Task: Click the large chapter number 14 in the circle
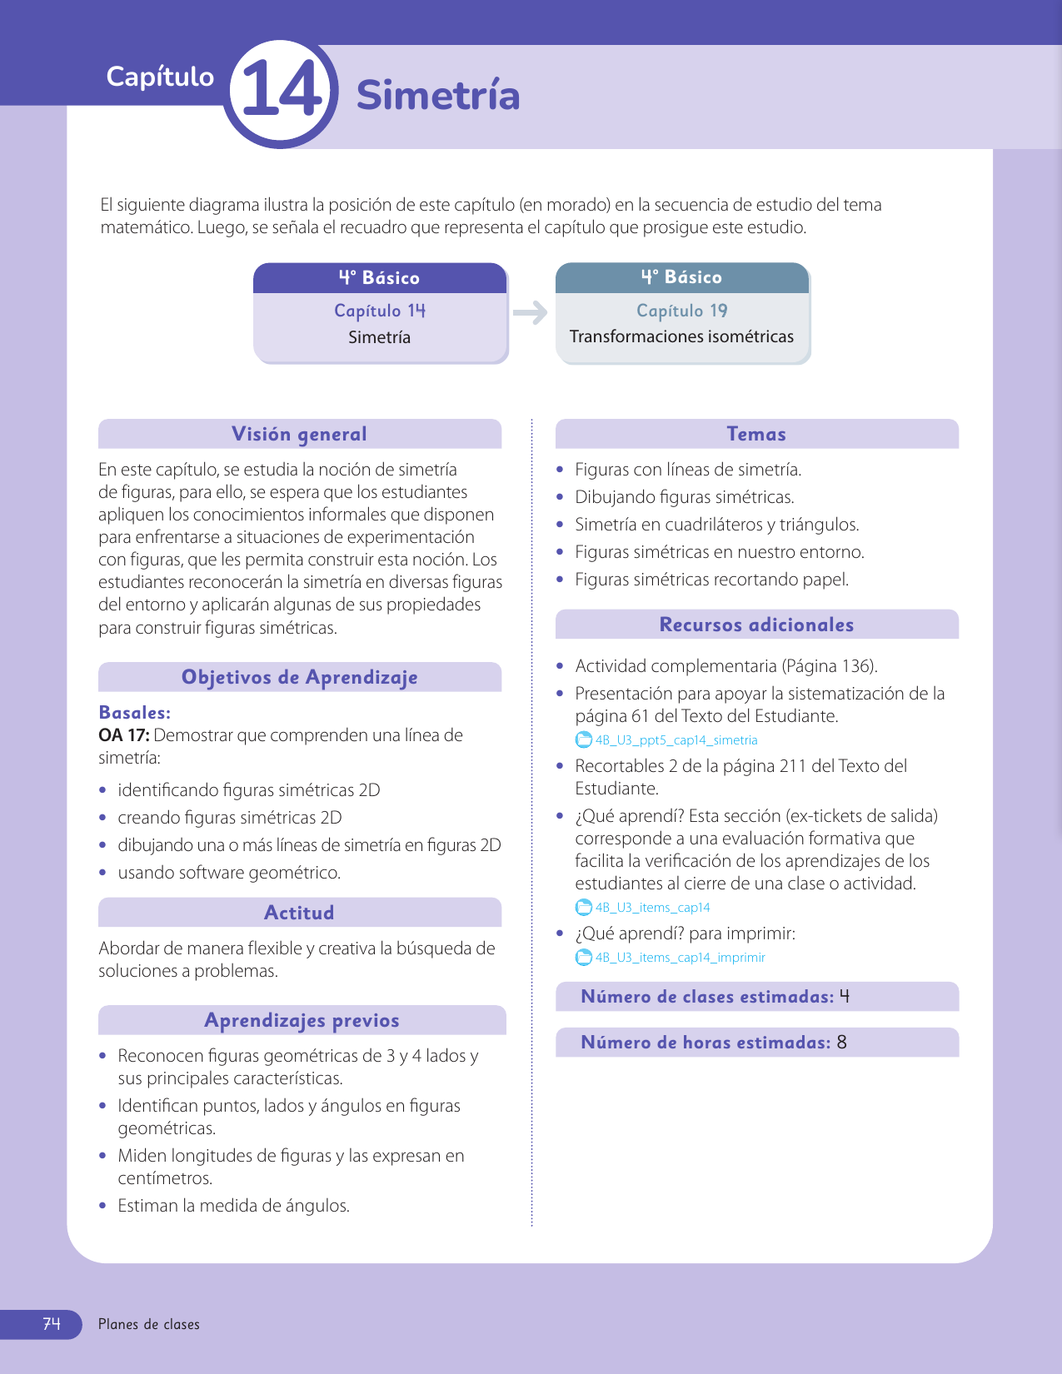tap(281, 92)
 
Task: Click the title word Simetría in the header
tap(438, 95)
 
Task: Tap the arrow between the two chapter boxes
tap(531, 313)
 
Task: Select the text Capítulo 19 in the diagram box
tap(681, 311)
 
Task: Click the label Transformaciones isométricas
tap(681, 336)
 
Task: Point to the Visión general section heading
tap(299, 434)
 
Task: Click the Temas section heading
tap(756, 434)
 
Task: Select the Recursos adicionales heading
tap(756, 625)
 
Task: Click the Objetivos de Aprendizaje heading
tap(299, 677)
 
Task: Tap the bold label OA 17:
tap(124, 735)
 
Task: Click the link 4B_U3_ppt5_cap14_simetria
tap(676, 740)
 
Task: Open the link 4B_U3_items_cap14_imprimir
tap(680, 958)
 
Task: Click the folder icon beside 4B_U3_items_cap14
tap(584, 908)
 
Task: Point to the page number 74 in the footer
tap(52, 1324)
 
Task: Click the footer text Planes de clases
tap(149, 1324)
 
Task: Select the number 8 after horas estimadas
tap(842, 1043)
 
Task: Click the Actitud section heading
tap(299, 913)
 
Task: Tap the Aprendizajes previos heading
tap(302, 1020)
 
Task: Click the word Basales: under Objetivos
tap(135, 713)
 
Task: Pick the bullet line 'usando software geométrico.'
tap(229, 873)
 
